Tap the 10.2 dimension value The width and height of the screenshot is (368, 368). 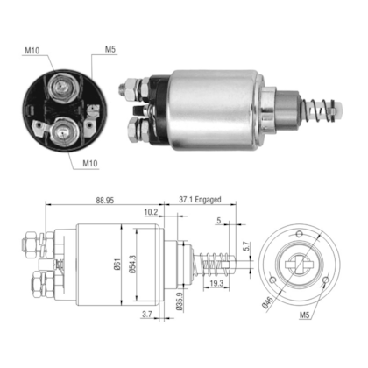pyautogui.click(x=150, y=211)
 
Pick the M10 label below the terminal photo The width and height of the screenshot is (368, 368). pyautogui.click(x=90, y=163)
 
